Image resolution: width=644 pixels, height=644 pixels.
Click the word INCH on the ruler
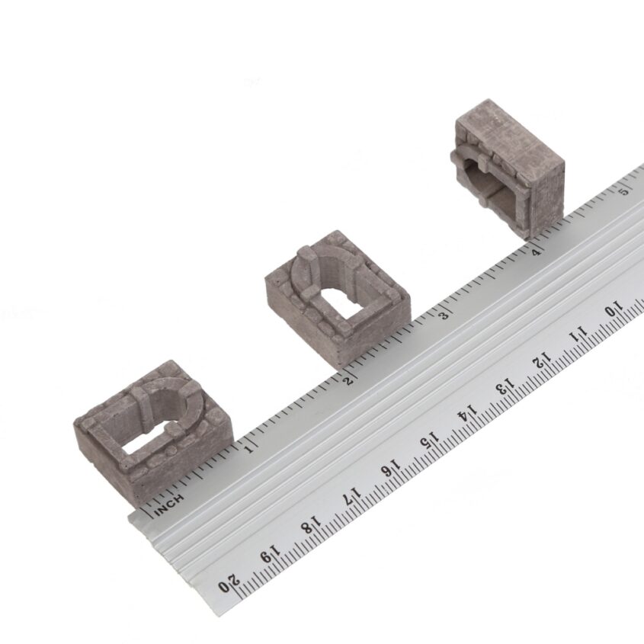pyautogui.click(x=168, y=505)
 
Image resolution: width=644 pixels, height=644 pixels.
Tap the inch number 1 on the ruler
pyautogui.click(x=248, y=449)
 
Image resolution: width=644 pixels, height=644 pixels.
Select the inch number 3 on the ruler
pyautogui.click(x=444, y=316)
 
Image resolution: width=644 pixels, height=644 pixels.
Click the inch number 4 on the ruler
pyautogui.click(x=536, y=252)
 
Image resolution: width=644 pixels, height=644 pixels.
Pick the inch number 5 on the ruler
pyautogui.click(x=625, y=191)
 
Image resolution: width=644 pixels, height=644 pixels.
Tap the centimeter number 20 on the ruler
pyautogui.click(x=229, y=584)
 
